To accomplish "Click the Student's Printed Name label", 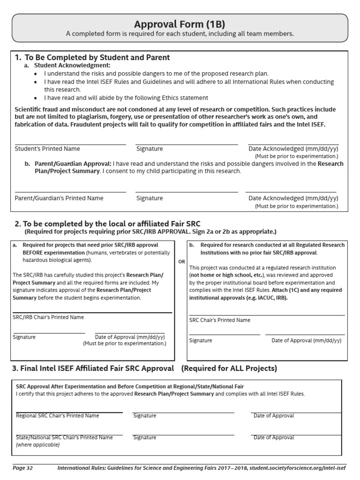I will pos(47,149).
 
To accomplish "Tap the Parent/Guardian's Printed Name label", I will pos(59,198).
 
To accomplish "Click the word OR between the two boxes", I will pos(181,262).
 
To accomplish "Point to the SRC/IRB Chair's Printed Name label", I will pos(48,317).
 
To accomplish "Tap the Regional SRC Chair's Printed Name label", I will pos(58,416).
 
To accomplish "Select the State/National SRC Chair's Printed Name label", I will pos(64,437).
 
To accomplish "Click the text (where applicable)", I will pos(38,445).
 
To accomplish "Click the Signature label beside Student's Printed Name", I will pos(150,149).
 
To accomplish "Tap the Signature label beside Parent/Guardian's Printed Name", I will pos(150,198).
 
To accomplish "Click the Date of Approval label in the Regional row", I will pos(274,416).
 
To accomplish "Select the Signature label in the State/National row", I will pos(145,437).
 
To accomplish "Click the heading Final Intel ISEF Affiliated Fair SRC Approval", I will pos(93,368).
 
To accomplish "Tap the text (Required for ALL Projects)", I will pos(229,368).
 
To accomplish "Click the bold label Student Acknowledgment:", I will pos(73,66).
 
